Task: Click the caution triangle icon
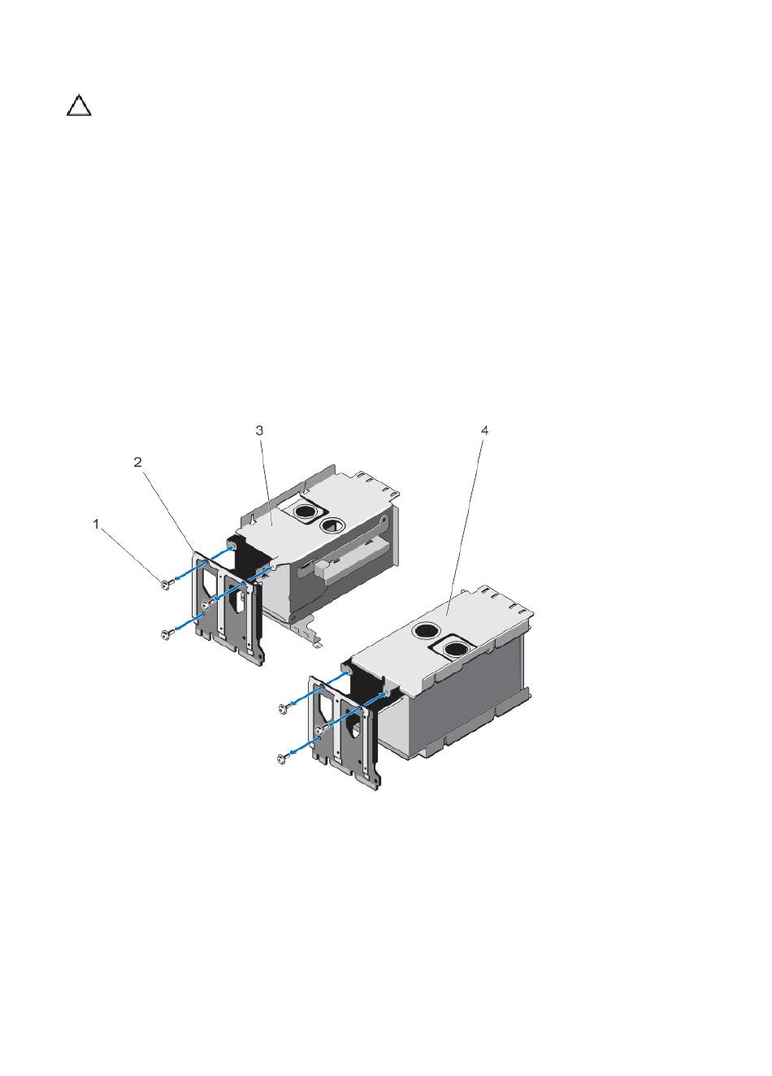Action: pyautogui.click(x=79, y=107)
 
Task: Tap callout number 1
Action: pyautogui.click(x=96, y=524)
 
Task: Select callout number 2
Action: pyautogui.click(x=138, y=462)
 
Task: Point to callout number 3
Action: pyautogui.click(x=259, y=430)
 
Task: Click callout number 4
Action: pyautogui.click(x=485, y=430)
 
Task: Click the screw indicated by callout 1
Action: pyautogui.click(x=165, y=584)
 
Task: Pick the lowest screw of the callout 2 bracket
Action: pyautogui.click(x=166, y=635)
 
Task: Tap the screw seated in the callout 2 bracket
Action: pyautogui.click(x=207, y=604)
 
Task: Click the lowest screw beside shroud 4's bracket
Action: pyautogui.click(x=283, y=758)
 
